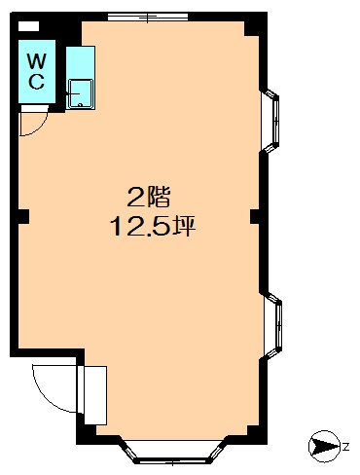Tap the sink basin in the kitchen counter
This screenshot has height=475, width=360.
point(79,93)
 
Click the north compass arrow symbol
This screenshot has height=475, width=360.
point(322,446)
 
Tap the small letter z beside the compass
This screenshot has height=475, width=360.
point(344,446)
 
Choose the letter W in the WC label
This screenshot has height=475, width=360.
point(35,61)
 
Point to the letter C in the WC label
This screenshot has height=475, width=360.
point(35,82)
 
